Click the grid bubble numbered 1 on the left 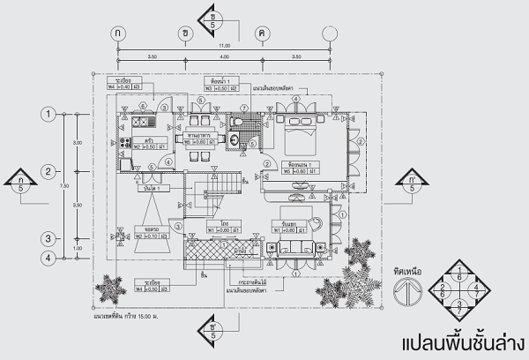coord(51,113)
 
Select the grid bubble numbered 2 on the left coord(51,171)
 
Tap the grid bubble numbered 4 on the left coord(51,258)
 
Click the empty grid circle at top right coord(330,33)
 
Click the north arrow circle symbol coord(406,289)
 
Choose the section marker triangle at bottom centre coord(212,326)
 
